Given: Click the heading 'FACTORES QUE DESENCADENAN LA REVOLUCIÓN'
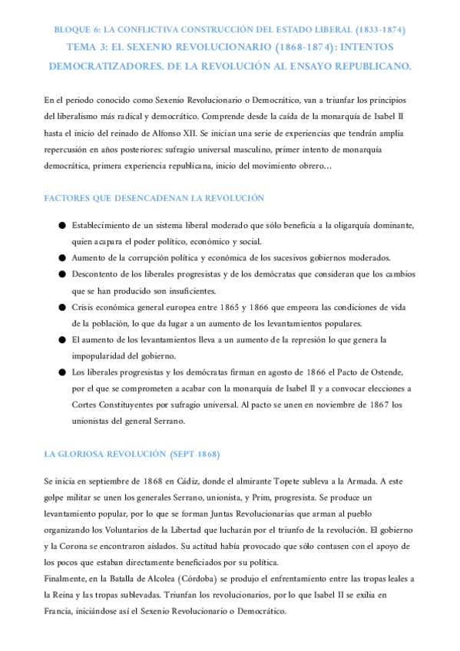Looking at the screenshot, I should click(154, 198).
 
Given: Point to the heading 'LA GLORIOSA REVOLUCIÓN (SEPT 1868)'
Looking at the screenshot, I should click(132, 454).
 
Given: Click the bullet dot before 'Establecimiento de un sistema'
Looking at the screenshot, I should click(60, 226).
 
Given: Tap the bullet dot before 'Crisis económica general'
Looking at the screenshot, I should click(60, 308).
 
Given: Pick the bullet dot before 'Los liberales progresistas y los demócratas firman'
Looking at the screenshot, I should click(60, 372).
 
